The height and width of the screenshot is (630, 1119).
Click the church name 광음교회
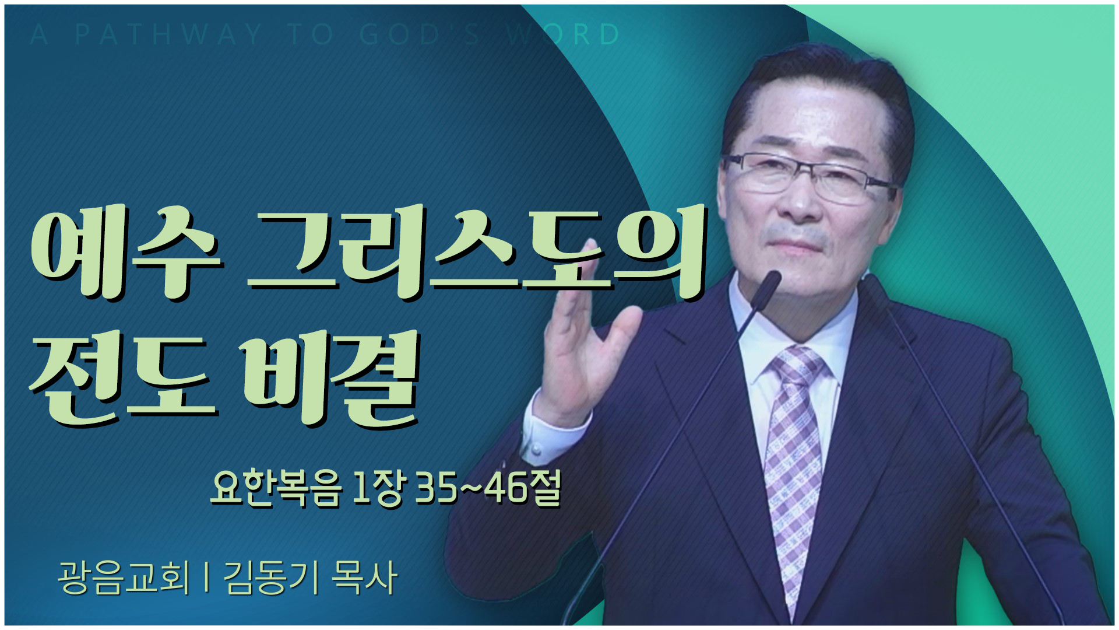click(124, 578)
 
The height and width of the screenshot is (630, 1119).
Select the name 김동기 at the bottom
click(272, 578)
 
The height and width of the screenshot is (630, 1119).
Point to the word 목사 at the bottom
click(364, 578)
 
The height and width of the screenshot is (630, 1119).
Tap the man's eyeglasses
click(810, 175)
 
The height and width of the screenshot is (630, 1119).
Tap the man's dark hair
click(816, 93)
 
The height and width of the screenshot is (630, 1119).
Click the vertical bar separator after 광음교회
click(207, 578)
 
